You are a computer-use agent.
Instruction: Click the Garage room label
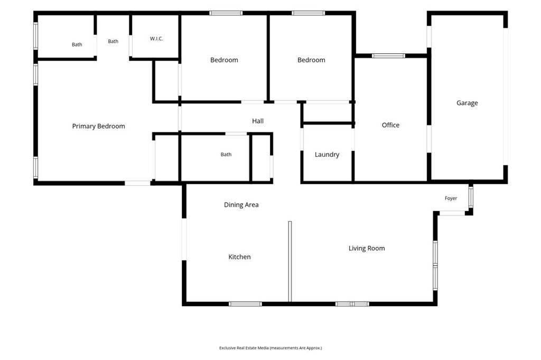click(467, 103)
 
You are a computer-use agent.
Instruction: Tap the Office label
click(390, 125)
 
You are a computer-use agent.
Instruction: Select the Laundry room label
click(327, 155)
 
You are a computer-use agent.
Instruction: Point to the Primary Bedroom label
click(98, 126)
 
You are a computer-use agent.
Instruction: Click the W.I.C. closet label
click(156, 39)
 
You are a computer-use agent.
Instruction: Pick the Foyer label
click(451, 198)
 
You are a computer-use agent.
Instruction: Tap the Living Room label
click(367, 248)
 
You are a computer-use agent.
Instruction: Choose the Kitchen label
click(239, 257)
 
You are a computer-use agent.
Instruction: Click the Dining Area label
click(241, 205)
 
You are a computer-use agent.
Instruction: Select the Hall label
click(258, 121)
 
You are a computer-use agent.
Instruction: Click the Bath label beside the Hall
click(226, 155)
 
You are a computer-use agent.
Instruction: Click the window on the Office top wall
click(388, 55)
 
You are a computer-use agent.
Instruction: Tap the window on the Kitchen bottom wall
click(245, 304)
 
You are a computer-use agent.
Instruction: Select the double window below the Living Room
click(352, 304)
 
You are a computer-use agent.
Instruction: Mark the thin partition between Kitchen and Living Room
click(290, 261)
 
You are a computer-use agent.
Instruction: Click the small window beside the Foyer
click(471, 197)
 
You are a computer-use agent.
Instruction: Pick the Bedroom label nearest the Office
click(311, 60)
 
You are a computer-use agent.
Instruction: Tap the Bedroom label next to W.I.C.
click(224, 60)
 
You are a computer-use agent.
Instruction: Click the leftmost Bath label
click(77, 44)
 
